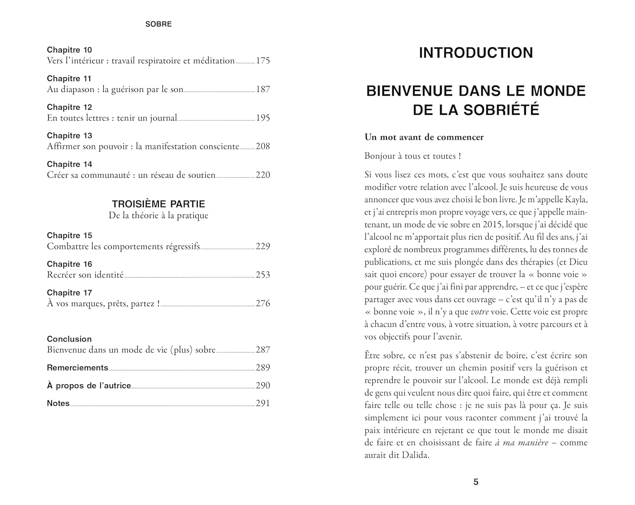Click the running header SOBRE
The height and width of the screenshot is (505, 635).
[158, 24]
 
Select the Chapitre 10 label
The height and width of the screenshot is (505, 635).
[69, 50]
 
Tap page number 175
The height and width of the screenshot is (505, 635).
[263, 60]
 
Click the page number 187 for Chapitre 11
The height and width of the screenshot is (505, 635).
[263, 89]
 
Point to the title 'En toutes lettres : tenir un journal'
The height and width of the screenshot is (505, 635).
[112, 118]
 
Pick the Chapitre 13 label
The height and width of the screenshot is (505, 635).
[69, 136]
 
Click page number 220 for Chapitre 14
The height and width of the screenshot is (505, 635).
[263, 175]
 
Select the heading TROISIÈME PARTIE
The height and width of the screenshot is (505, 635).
[158, 204]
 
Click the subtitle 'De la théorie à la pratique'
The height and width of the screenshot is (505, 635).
[158, 215]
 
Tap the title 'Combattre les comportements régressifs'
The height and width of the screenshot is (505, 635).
[123, 246]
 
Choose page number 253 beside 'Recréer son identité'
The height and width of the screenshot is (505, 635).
[263, 275]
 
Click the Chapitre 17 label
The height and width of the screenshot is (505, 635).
[69, 293]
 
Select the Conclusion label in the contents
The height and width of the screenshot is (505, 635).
[69, 339]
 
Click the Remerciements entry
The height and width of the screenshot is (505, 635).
[77, 368]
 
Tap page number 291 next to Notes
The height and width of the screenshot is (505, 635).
[263, 403]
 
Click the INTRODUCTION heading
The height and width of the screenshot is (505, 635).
[476, 53]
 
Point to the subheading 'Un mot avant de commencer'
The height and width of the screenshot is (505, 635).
[424, 137]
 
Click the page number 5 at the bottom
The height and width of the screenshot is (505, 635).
[476, 482]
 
